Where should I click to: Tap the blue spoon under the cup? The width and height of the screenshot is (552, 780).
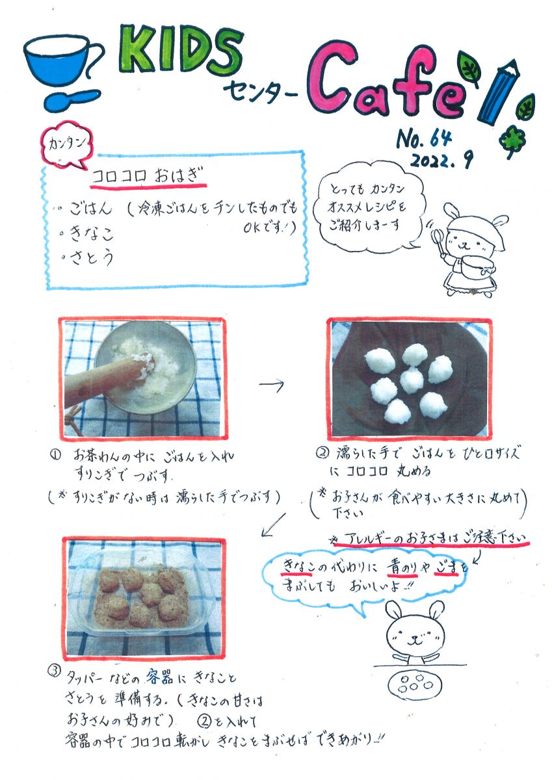pyautogui.click(x=72, y=99)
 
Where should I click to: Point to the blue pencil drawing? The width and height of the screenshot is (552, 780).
pyautogui.click(x=499, y=92)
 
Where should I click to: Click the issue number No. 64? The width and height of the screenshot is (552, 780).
pyautogui.click(x=423, y=138)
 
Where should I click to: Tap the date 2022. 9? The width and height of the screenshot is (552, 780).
pyautogui.click(x=441, y=159)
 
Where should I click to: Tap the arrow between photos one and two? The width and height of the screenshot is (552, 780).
pyautogui.click(x=272, y=384)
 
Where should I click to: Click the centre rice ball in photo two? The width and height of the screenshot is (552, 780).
pyautogui.click(x=412, y=381)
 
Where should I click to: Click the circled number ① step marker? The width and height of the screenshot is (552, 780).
pyautogui.click(x=56, y=455)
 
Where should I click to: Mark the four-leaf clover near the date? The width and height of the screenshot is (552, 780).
pyautogui.click(x=512, y=143)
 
